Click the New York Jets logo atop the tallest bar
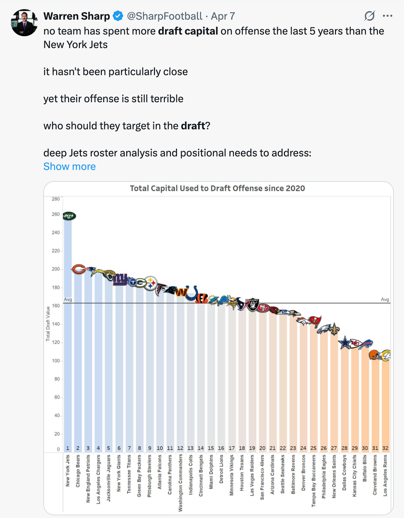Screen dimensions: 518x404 [x=69, y=216]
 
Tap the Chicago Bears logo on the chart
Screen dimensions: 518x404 [x=78, y=269]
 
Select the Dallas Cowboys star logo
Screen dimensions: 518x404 [x=345, y=343]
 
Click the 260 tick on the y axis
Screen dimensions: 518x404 [x=56, y=214]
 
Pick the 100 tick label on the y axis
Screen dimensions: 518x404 [x=56, y=361]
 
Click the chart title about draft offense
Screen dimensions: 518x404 [x=217, y=188]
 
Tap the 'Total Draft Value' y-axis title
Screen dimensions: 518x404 [x=48, y=323]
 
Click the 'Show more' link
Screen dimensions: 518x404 [x=69, y=167]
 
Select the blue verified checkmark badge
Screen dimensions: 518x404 [x=118, y=16]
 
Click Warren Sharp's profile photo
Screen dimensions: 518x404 [x=24, y=23]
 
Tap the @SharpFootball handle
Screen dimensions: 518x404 [x=164, y=16]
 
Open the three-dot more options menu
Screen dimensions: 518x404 [x=387, y=16]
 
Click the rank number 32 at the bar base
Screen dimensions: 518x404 [x=385, y=448]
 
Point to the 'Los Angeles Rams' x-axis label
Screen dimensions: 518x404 [x=385, y=475]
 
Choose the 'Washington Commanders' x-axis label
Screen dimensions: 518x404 [x=180, y=483]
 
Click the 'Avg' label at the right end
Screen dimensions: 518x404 [x=385, y=300]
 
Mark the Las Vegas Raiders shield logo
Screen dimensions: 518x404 [x=252, y=305]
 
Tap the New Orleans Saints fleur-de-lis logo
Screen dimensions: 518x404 [x=334, y=329]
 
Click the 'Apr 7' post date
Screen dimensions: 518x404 [x=223, y=16]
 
